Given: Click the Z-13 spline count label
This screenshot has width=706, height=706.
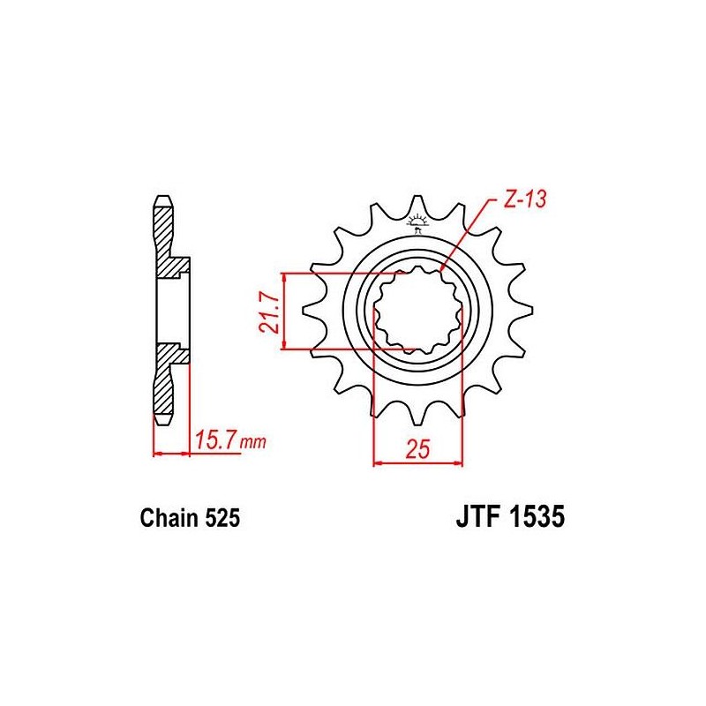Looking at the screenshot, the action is tap(524, 199).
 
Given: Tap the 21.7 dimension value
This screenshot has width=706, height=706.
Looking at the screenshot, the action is tap(269, 312).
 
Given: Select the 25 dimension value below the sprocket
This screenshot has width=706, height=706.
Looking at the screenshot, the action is tap(418, 449).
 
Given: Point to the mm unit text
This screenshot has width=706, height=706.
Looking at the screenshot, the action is tap(252, 442).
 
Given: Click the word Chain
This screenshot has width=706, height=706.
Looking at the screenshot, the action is tap(169, 518).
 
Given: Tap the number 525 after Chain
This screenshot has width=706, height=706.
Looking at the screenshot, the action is tap(222, 518).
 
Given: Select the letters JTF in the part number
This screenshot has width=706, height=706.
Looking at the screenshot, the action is tap(478, 517).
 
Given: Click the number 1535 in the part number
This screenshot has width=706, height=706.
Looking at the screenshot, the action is tap(537, 517).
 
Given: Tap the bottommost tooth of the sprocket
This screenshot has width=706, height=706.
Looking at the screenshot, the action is tap(417, 413).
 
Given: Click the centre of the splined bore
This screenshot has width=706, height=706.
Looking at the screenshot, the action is tap(417, 311).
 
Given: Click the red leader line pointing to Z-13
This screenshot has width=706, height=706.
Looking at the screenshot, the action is tap(466, 234).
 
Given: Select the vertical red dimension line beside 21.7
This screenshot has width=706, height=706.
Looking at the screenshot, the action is tap(283, 311).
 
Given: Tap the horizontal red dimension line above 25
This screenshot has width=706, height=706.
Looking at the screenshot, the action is tap(418, 462).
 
